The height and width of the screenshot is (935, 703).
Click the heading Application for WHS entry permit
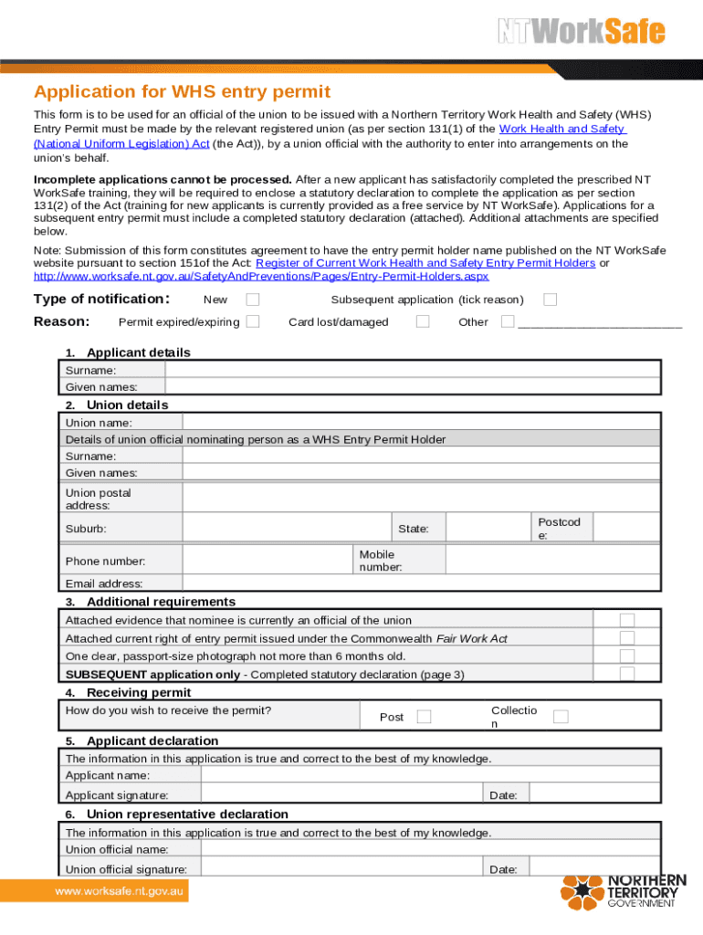click(182, 91)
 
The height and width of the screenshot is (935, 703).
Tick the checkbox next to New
click(253, 299)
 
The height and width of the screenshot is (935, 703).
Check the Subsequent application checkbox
click(550, 299)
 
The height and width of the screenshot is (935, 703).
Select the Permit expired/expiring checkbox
click(253, 321)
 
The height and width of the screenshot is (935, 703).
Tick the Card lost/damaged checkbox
click(423, 321)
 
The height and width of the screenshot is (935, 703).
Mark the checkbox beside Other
click(508, 321)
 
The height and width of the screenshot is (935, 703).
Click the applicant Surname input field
click(412, 370)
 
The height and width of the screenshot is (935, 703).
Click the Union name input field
click(421, 422)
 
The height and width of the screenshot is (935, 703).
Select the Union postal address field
click(421, 499)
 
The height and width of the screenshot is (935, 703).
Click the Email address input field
click(421, 583)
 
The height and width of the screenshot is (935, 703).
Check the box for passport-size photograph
click(627, 656)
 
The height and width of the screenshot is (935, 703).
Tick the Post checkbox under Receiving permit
click(425, 717)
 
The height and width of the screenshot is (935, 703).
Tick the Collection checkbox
click(561, 717)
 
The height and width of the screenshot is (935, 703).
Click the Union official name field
click(430, 849)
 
